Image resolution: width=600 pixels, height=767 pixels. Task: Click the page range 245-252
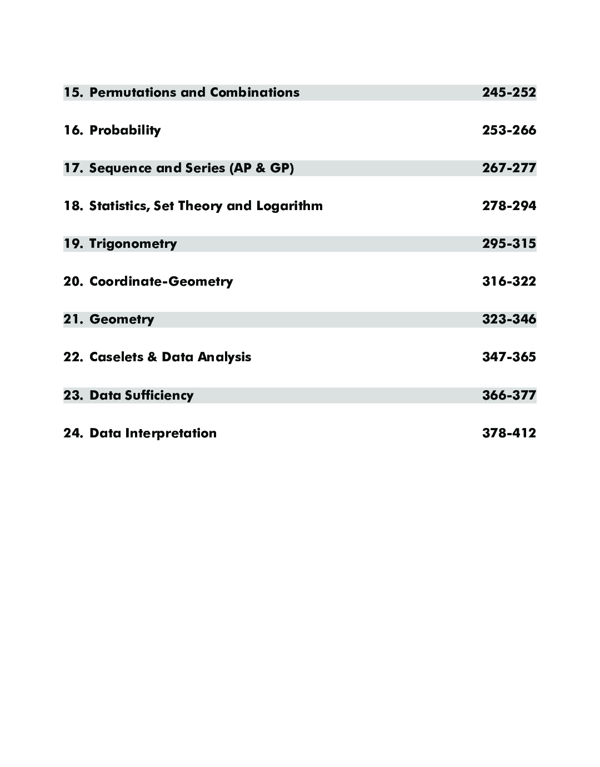[509, 92]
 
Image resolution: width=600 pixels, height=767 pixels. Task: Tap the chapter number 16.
[73, 130]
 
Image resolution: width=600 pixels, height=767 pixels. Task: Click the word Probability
[125, 131]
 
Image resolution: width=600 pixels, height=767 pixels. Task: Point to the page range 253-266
[509, 130]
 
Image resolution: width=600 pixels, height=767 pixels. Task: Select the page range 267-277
[509, 168]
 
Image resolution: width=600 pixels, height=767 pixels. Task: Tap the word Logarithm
[289, 206]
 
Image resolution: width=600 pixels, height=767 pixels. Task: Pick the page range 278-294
[509, 206]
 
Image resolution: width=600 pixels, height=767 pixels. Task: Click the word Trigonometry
[133, 244]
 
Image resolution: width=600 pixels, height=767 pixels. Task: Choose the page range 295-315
[509, 243]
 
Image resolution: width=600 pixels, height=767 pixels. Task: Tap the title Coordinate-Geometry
[161, 281]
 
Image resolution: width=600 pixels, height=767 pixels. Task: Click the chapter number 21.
[73, 319]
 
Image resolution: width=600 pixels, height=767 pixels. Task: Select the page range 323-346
[509, 319]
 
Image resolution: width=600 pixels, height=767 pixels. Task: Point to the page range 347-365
[509, 357]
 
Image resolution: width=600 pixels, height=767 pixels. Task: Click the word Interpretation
[171, 433]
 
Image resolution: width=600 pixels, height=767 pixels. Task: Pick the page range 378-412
[509, 433]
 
